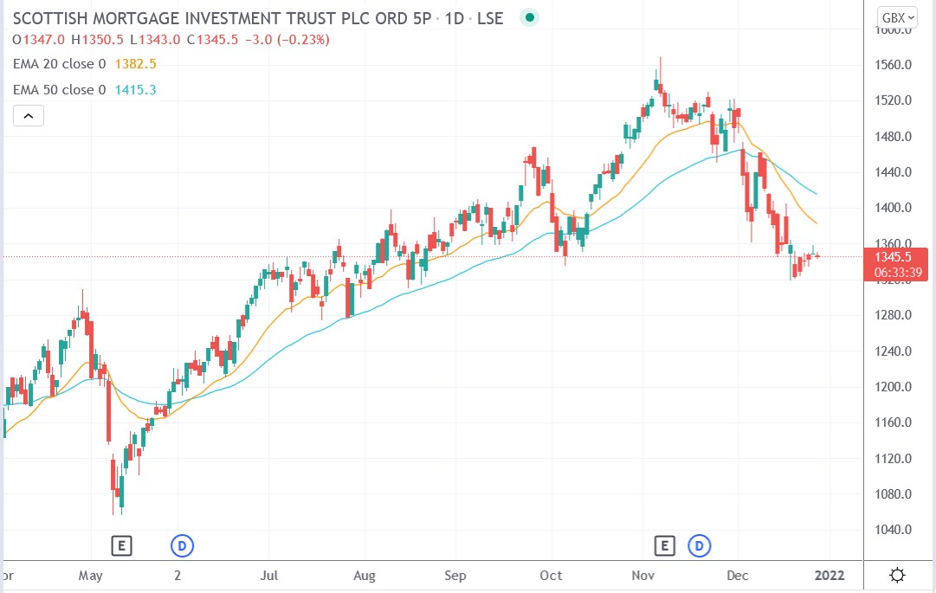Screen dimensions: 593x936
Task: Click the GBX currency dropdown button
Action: click(900, 17)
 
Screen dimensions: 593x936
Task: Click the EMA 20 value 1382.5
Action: click(136, 64)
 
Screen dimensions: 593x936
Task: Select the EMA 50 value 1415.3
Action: click(136, 90)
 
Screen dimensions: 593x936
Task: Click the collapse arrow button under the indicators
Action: click(28, 116)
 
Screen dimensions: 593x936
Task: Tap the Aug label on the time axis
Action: click(365, 576)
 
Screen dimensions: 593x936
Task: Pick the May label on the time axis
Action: click(90, 576)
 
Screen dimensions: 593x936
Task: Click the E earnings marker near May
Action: click(122, 545)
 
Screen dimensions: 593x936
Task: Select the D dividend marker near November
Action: click(698, 545)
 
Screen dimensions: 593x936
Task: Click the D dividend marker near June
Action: click(183, 545)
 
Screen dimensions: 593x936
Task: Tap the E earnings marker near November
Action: click(664, 545)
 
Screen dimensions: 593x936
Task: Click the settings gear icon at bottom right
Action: click(898, 575)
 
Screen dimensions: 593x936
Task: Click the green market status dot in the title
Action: click(530, 17)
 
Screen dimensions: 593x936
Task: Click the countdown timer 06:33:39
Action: click(897, 272)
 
